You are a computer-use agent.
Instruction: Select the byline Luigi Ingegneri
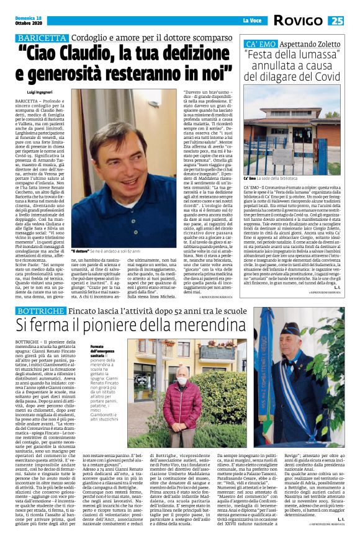point(41,91)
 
